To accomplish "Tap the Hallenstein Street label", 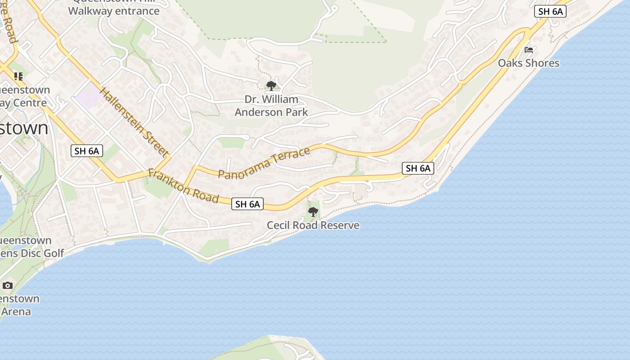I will tap(133, 122).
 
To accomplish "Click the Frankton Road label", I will tap(183, 185).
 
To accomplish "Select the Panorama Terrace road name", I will tap(264, 162).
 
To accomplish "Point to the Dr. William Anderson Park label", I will tap(271, 106).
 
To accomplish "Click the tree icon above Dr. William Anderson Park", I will tap(271, 85).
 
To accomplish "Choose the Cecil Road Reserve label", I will tap(313, 225).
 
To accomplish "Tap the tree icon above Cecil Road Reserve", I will tap(313, 211).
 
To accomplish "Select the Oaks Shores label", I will tap(528, 63).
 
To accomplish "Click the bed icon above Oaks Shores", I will tap(528, 49).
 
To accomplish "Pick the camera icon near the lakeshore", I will tap(8, 285).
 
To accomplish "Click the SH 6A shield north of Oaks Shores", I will tap(550, 12).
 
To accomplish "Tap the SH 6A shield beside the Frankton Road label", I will tap(247, 204).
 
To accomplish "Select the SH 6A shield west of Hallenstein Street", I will tap(87, 151).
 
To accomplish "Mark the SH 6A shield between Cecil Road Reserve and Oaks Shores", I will tap(418, 168).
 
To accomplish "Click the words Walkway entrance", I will tap(114, 11).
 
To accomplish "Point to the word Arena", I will tap(17, 311).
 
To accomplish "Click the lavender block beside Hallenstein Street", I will tap(89, 95).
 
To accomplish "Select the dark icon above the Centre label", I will tap(18, 76).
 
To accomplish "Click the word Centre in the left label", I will tap(30, 103).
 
